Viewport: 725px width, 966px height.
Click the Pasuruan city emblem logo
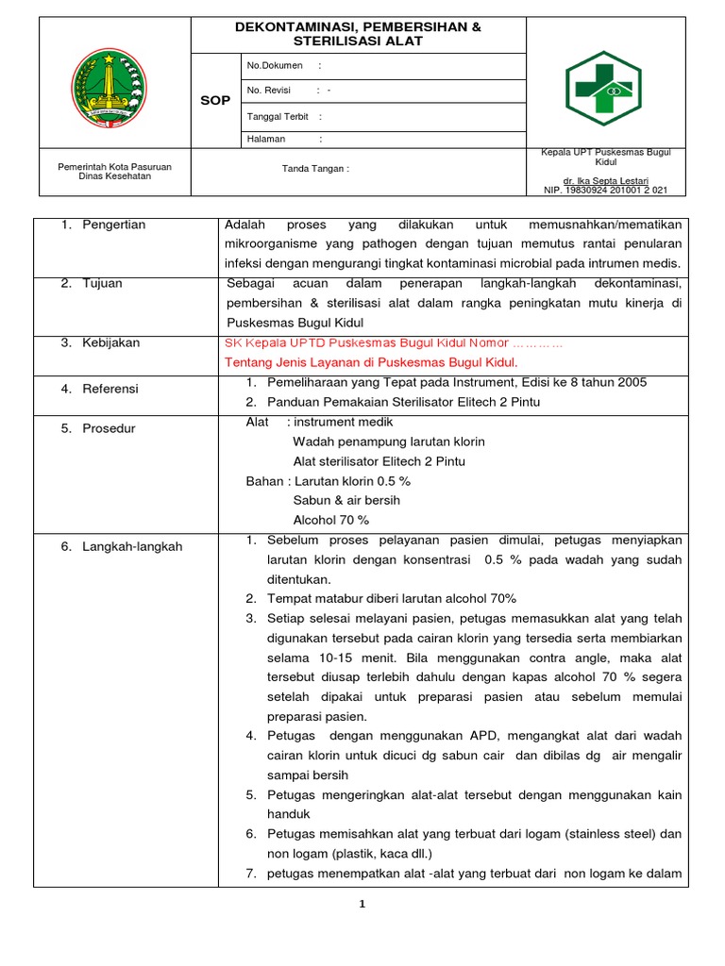pyautogui.click(x=110, y=88)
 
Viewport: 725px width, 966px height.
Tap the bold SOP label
pyautogui.click(x=215, y=100)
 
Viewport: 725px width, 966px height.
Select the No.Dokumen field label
pyautogui.click(x=275, y=65)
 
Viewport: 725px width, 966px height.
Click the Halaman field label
pyautogui.click(x=266, y=139)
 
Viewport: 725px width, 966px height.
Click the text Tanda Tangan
pyautogui.click(x=315, y=169)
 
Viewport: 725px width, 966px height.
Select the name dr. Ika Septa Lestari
pyautogui.click(x=605, y=179)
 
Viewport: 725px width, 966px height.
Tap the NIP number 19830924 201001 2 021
pyautogui.click(x=605, y=190)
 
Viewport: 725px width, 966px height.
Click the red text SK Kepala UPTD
pyautogui.click(x=274, y=343)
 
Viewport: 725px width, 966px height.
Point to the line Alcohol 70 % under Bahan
pyautogui.click(x=330, y=520)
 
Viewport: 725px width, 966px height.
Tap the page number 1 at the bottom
pyautogui.click(x=362, y=905)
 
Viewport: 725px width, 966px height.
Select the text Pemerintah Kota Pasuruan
pyautogui.click(x=109, y=166)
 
